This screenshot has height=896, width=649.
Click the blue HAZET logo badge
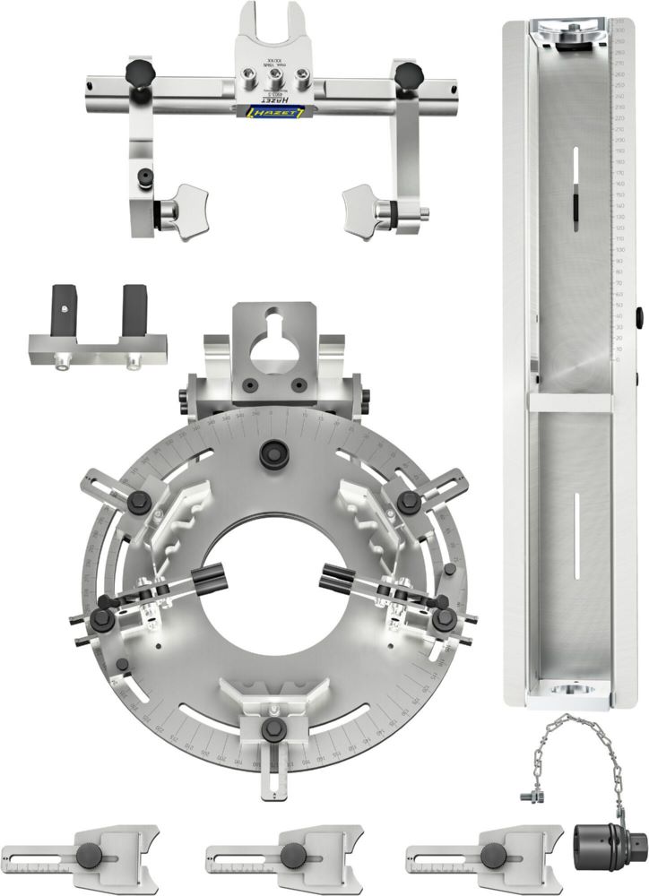(275, 110)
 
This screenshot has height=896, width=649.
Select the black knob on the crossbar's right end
(410, 71)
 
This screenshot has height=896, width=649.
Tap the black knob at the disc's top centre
(272, 454)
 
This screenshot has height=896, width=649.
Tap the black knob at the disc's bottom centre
(272, 728)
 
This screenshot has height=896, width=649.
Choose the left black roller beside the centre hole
(207, 579)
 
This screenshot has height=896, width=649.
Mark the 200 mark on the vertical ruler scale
(619, 142)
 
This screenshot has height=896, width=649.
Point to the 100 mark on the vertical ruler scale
(619, 250)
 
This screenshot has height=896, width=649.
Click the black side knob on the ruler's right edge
(639, 316)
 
